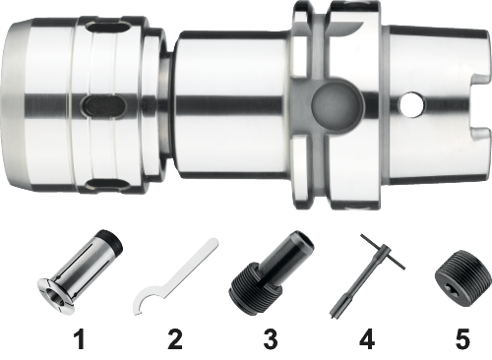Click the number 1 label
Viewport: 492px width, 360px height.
point(81,339)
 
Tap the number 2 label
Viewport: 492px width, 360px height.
point(175,339)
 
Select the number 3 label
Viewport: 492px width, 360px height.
point(271,339)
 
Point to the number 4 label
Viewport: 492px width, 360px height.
point(367,339)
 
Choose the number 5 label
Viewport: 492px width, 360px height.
point(462,339)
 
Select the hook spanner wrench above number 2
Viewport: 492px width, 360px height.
point(174,278)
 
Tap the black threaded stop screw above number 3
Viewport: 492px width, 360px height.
point(271,269)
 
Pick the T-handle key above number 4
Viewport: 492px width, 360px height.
point(367,276)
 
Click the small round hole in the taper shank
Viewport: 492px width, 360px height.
point(411,105)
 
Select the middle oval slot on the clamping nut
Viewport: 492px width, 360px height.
point(102,105)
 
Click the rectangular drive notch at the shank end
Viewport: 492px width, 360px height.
point(479,105)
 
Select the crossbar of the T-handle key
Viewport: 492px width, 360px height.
point(383,252)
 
